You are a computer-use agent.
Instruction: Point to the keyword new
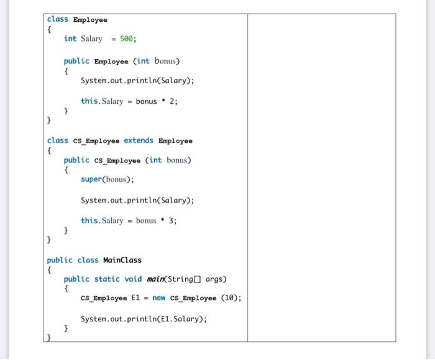[159, 298]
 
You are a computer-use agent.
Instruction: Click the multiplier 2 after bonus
[172, 101]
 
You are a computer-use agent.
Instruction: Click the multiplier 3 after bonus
[172, 220]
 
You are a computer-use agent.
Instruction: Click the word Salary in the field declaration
[91, 39]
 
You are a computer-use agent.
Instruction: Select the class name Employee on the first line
[90, 20]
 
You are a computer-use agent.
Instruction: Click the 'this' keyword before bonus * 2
[89, 101]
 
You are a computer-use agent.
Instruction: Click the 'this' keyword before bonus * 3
[89, 220]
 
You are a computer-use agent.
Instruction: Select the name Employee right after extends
[175, 141]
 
